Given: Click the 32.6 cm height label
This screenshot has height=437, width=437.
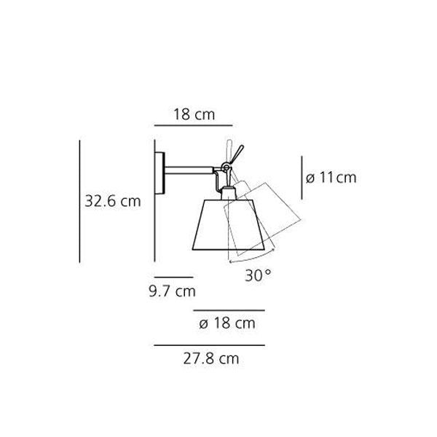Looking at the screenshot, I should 111,202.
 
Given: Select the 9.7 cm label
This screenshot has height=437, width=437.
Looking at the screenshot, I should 169,292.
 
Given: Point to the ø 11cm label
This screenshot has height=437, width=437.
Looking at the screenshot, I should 331,177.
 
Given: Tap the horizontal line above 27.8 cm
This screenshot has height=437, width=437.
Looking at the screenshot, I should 209,345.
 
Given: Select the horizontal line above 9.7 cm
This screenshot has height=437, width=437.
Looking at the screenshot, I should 173,277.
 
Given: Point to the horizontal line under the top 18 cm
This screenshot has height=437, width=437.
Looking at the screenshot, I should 193,125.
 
